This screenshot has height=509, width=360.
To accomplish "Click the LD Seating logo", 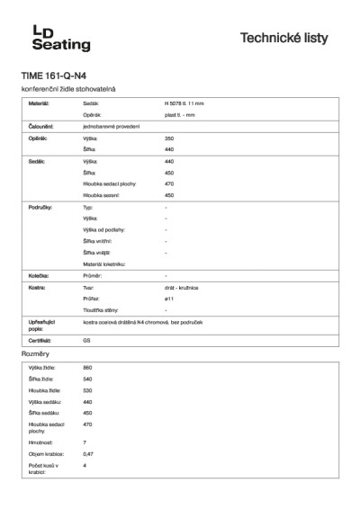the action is click(56, 38).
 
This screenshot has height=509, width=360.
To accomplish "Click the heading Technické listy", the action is click(289, 39).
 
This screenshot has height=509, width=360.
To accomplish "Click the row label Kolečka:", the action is click(38, 275).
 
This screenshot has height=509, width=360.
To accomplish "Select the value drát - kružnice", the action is click(183, 287).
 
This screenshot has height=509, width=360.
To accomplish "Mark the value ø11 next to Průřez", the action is click(169, 298).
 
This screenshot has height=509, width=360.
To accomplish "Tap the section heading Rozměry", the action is click(35, 355).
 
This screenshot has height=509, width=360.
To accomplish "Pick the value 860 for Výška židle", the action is click(87, 369).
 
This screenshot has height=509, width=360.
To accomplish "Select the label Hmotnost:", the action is click(41, 442).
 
